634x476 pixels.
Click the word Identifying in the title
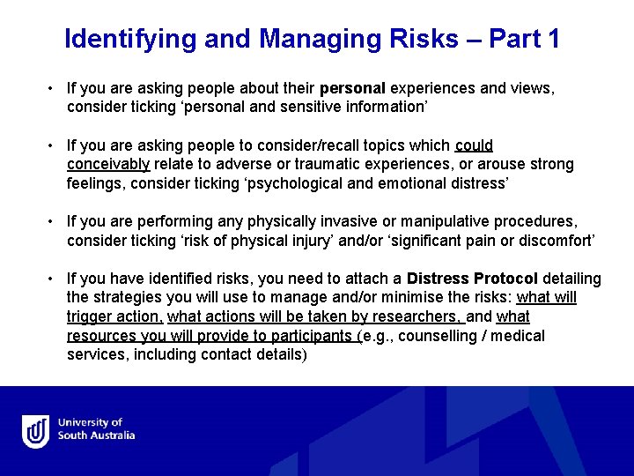click(x=130, y=40)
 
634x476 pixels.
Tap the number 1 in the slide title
click(x=552, y=40)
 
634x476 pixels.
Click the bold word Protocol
click(x=505, y=279)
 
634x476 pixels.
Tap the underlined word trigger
click(x=91, y=317)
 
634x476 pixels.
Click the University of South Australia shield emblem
click(x=36, y=431)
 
